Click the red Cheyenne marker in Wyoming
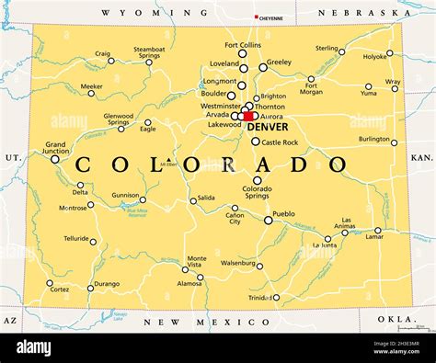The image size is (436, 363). (257, 17)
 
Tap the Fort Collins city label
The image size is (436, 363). (243, 45)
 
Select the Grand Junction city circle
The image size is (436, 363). (55, 159)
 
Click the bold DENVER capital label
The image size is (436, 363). (267, 127)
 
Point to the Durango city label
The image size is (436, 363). (107, 284)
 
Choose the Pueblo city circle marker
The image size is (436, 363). (269, 221)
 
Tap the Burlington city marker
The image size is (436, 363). (395, 142)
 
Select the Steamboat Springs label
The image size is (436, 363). (149, 52)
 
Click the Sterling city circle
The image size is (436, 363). (341, 52)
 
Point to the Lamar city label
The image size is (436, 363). (375, 238)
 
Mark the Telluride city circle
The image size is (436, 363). (93, 243)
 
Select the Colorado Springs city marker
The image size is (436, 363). (257, 180)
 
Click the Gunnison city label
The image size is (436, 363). (125, 195)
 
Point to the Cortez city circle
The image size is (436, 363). (50, 283)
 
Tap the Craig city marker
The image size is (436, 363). (110, 62)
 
